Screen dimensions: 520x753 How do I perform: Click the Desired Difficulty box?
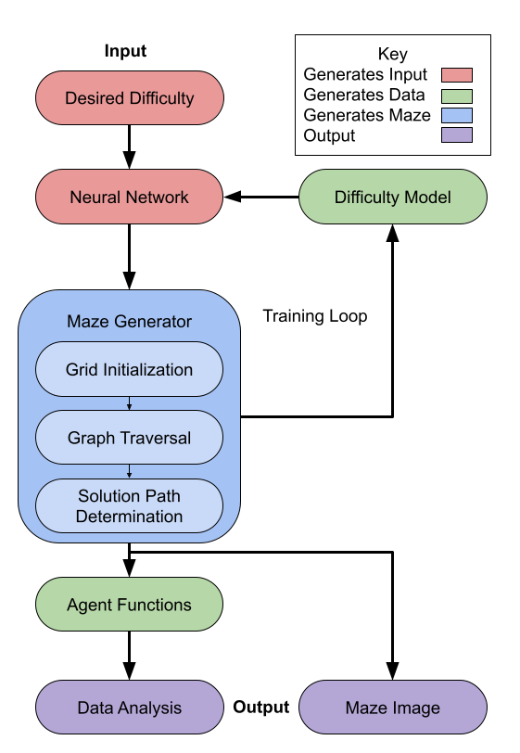click(x=130, y=98)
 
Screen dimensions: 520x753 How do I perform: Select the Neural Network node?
click(x=130, y=197)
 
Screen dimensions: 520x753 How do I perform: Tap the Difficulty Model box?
click(x=393, y=197)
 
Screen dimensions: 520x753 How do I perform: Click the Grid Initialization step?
click(x=129, y=369)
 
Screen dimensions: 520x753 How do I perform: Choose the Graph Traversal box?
click(x=129, y=438)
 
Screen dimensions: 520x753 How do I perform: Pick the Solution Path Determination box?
click(x=129, y=505)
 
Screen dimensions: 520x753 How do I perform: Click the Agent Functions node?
click(x=129, y=604)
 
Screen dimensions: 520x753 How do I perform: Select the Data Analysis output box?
click(x=130, y=707)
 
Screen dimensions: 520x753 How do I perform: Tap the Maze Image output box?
click(x=393, y=707)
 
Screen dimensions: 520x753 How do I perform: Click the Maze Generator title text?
click(x=129, y=321)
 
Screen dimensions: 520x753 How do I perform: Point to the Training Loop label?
click(x=315, y=316)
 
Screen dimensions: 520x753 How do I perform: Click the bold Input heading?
click(x=125, y=51)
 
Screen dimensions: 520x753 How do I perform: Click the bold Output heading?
click(x=261, y=707)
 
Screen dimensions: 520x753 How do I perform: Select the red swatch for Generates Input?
click(x=457, y=75)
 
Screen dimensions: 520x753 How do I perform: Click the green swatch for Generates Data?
click(x=457, y=96)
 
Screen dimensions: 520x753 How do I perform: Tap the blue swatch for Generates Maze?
click(x=457, y=115)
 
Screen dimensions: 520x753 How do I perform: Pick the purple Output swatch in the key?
click(x=457, y=135)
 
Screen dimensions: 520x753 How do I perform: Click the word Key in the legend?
click(x=393, y=54)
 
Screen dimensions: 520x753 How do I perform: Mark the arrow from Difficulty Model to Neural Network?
click(x=261, y=197)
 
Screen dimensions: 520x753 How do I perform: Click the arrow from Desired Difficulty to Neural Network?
click(x=129, y=147)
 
